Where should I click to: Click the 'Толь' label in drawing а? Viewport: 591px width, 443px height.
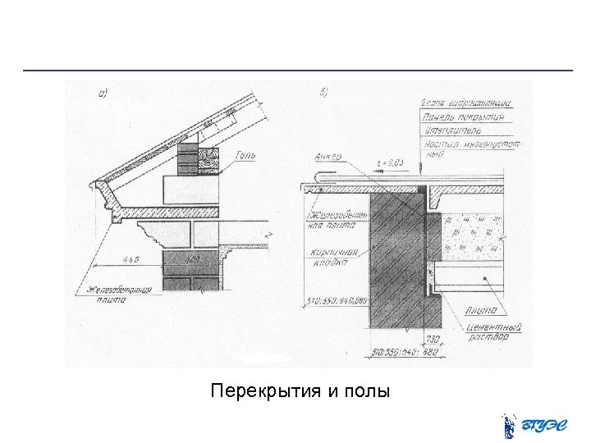click(247, 155)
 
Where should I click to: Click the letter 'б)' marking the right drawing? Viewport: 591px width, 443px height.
click(323, 93)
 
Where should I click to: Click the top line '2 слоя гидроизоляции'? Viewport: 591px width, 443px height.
click(465, 103)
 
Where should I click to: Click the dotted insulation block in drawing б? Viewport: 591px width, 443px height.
click(471, 234)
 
